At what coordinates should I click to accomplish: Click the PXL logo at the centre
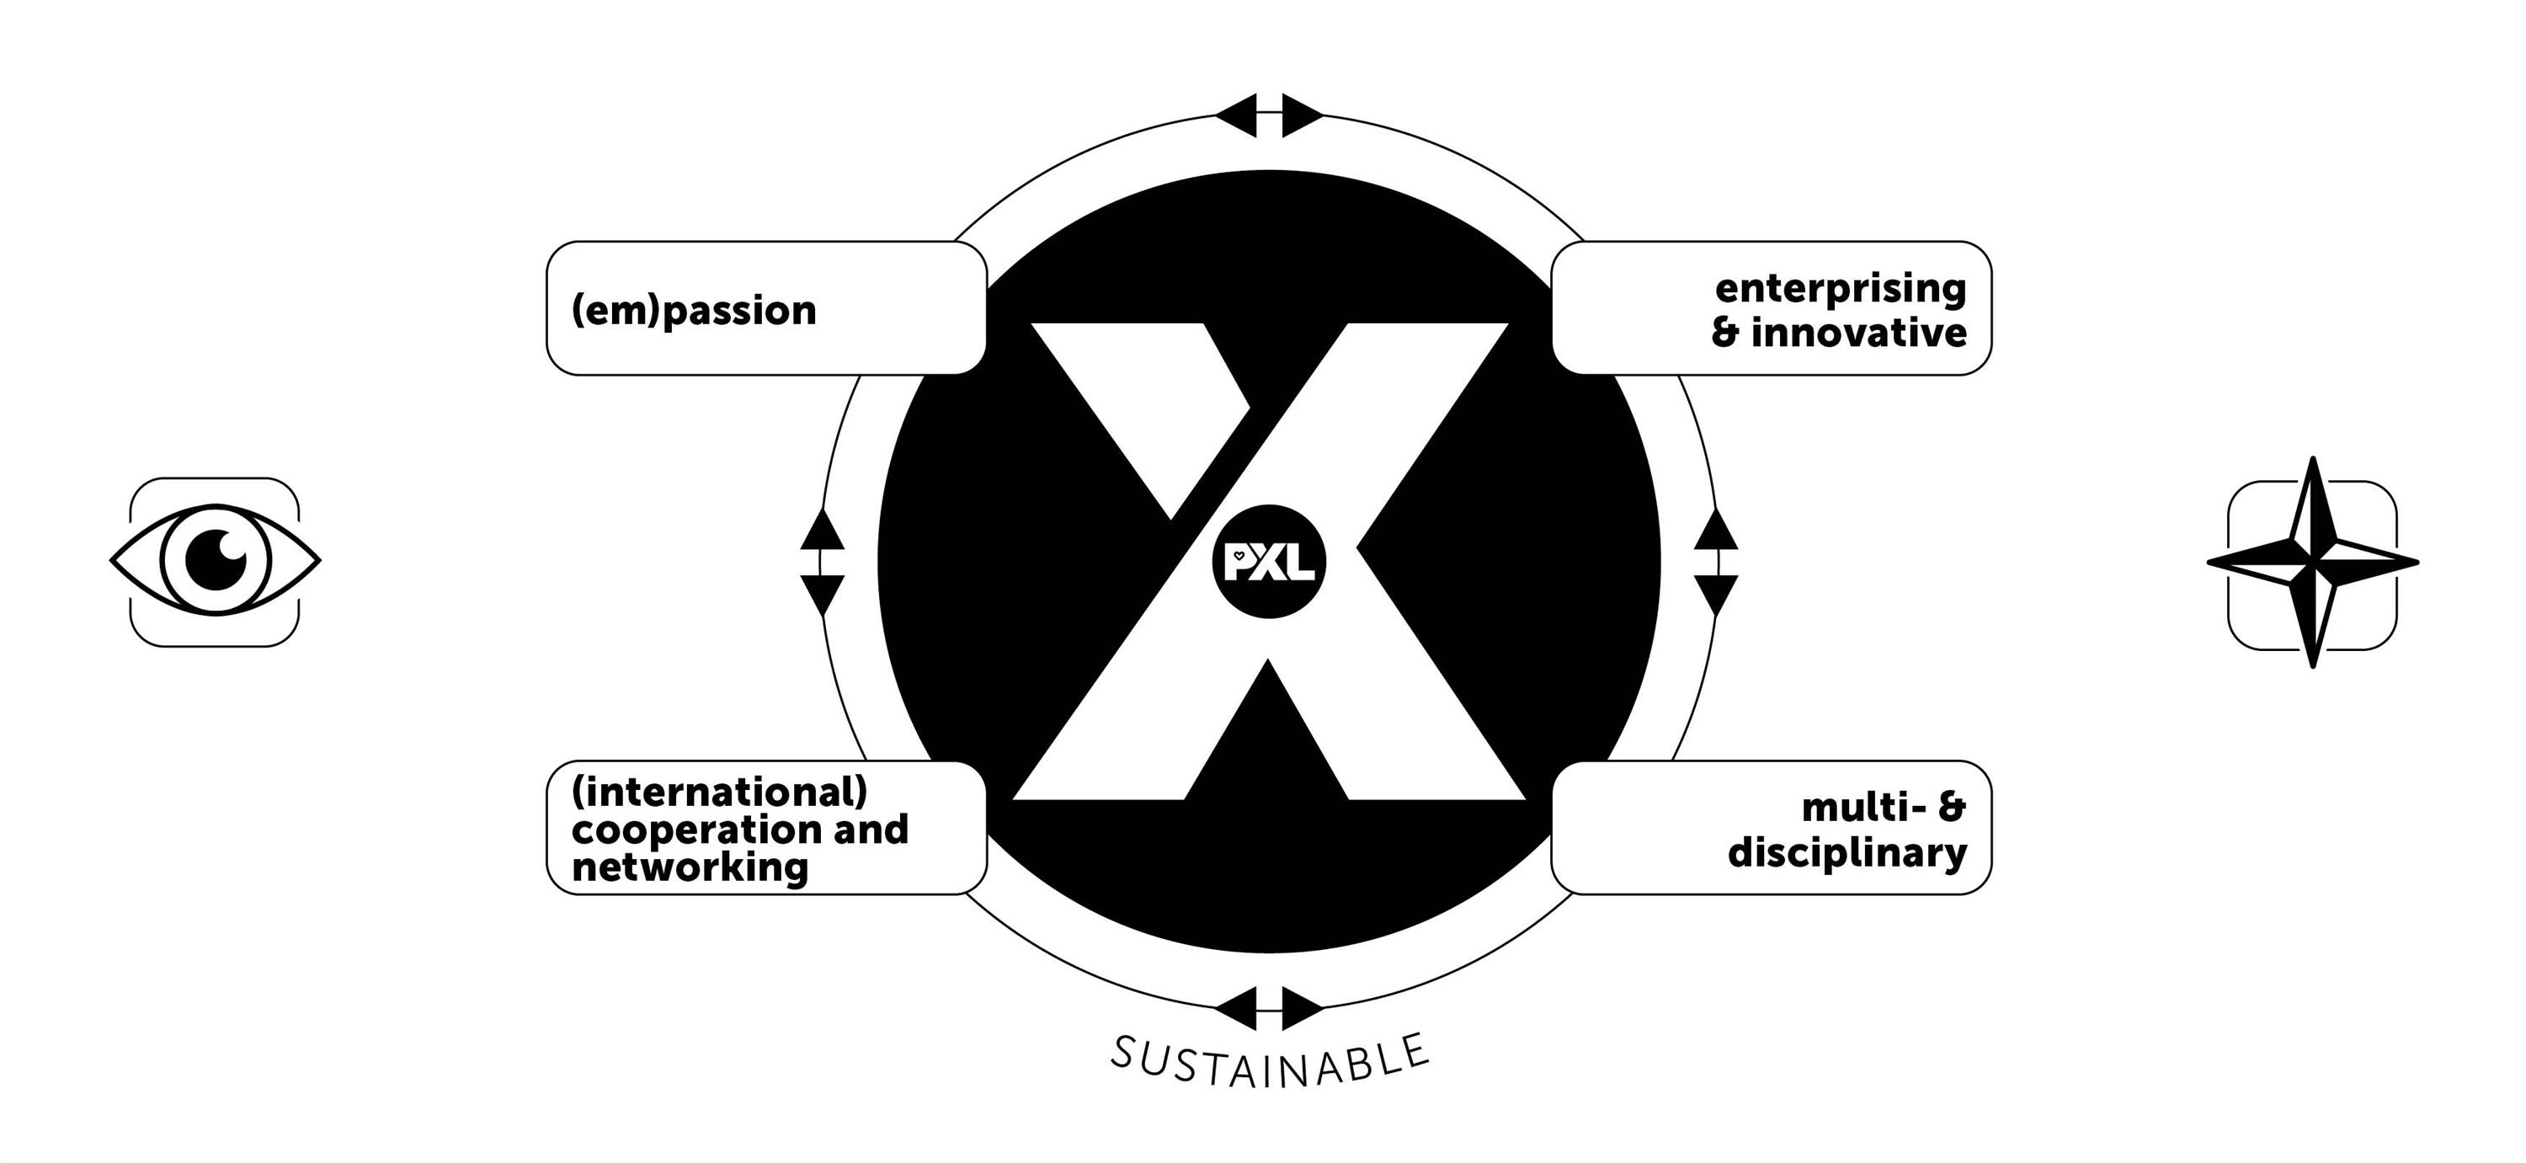1269,562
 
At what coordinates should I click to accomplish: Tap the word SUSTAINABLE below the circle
1270,1062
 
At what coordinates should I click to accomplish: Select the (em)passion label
693,311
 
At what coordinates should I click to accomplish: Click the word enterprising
1841,290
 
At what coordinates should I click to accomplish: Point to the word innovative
1858,333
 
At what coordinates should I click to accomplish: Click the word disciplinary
1847,853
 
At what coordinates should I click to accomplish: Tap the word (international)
720,792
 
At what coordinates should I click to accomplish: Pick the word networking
690,867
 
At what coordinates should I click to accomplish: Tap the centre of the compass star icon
2312,563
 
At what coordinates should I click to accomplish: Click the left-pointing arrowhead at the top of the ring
1237,115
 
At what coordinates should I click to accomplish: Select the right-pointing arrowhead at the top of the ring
1301,115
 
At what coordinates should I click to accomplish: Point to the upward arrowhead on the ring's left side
822,531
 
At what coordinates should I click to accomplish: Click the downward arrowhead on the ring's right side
1716,593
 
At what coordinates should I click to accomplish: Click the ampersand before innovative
1725,333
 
